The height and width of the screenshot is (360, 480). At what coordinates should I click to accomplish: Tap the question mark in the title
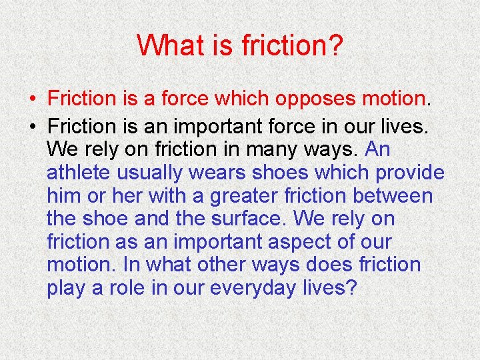coord(335,45)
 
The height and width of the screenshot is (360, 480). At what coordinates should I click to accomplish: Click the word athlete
coord(79,172)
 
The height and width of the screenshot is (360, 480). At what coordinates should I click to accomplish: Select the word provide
coord(409,172)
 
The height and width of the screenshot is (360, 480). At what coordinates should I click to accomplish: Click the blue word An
coord(377,149)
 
